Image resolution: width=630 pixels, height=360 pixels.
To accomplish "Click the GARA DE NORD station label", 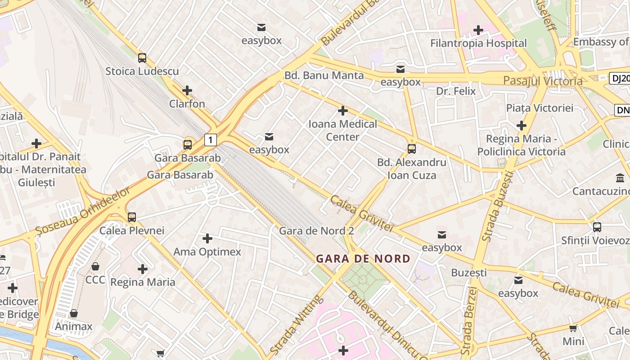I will coord(363,259).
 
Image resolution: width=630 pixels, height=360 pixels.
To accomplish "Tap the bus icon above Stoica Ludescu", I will coord(142,58).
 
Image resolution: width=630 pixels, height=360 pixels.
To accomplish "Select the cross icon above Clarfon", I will coord(187,90).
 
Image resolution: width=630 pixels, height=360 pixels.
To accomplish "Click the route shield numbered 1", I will coord(210,140).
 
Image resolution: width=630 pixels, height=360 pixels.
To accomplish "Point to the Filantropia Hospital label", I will coord(478,43).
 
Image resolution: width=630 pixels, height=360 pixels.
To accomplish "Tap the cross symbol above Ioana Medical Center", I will coord(343,111).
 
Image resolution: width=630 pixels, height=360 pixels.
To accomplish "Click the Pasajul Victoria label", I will coord(543,81).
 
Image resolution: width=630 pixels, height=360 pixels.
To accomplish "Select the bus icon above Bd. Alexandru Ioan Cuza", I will coord(411,149).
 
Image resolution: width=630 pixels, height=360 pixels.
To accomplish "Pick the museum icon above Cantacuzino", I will coord(620,178).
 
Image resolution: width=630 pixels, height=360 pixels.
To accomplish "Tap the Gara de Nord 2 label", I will coord(316,231).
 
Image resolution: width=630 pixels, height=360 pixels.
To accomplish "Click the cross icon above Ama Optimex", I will coord(207,238).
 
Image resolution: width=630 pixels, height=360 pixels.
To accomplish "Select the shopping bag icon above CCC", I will coord(95,267).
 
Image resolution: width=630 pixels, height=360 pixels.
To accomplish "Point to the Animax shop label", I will coord(73,326).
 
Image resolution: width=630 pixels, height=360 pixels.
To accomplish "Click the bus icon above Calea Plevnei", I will coord(132,217).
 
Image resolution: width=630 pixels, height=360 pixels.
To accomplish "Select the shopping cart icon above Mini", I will coord(573,328).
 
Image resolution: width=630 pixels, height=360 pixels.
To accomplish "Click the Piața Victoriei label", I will coord(540,108).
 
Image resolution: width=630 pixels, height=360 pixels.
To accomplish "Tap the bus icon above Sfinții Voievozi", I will coord(597,227).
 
